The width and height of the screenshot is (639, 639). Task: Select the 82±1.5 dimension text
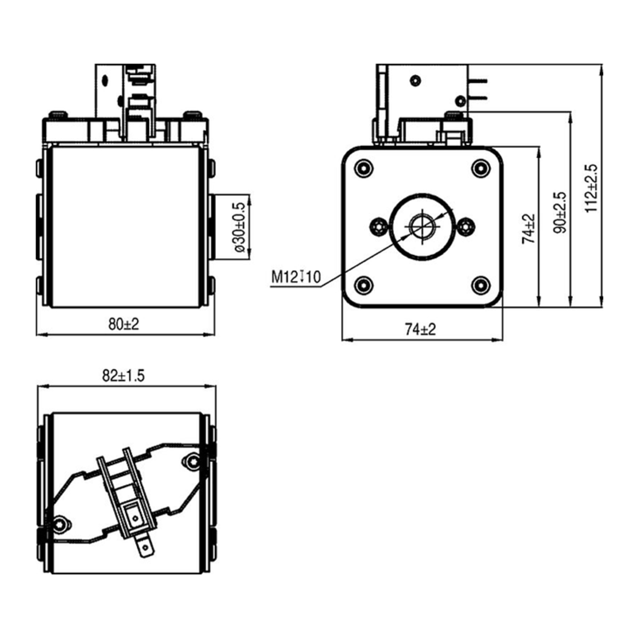(x=123, y=376)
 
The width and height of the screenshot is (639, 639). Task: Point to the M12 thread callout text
(x=296, y=277)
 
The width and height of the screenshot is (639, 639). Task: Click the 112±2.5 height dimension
(x=592, y=188)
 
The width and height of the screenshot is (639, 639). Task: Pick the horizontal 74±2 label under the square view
(x=420, y=329)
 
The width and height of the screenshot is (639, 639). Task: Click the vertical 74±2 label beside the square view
(x=529, y=228)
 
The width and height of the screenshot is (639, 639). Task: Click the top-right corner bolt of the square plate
(x=481, y=168)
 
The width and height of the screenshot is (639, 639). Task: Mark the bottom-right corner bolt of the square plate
(x=481, y=285)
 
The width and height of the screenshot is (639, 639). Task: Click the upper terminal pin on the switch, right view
(x=478, y=81)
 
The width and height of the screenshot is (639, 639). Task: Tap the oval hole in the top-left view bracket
(x=105, y=80)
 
